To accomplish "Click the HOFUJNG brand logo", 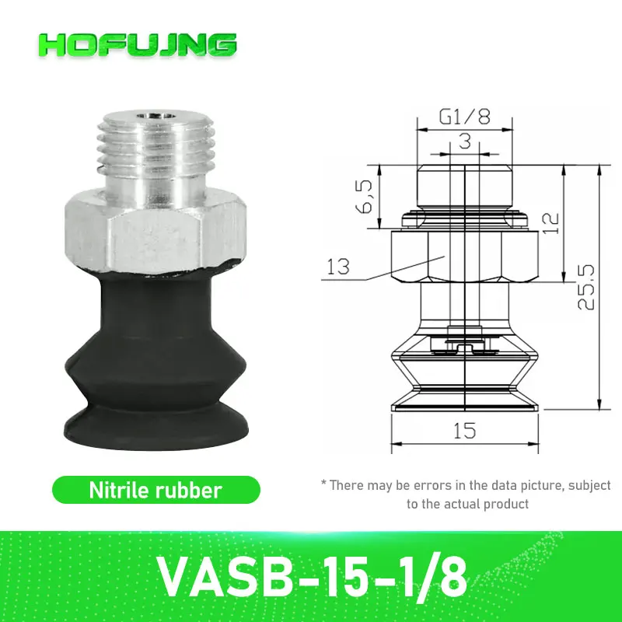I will pyautogui.click(x=137, y=44).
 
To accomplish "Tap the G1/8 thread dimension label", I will pyautogui.click(x=464, y=117).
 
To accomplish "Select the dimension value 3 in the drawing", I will pyautogui.click(x=464, y=141).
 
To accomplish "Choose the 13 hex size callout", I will pyautogui.click(x=338, y=267).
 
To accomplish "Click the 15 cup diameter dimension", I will pyautogui.click(x=463, y=430).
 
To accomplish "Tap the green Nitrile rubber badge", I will pyautogui.click(x=155, y=490).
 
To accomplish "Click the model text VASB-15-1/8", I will pyautogui.click(x=311, y=575).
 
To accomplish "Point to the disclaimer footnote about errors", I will pyautogui.click(x=466, y=494).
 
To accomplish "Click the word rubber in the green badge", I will pyautogui.click(x=194, y=490).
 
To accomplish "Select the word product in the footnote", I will pyautogui.click(x=505, y=504).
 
